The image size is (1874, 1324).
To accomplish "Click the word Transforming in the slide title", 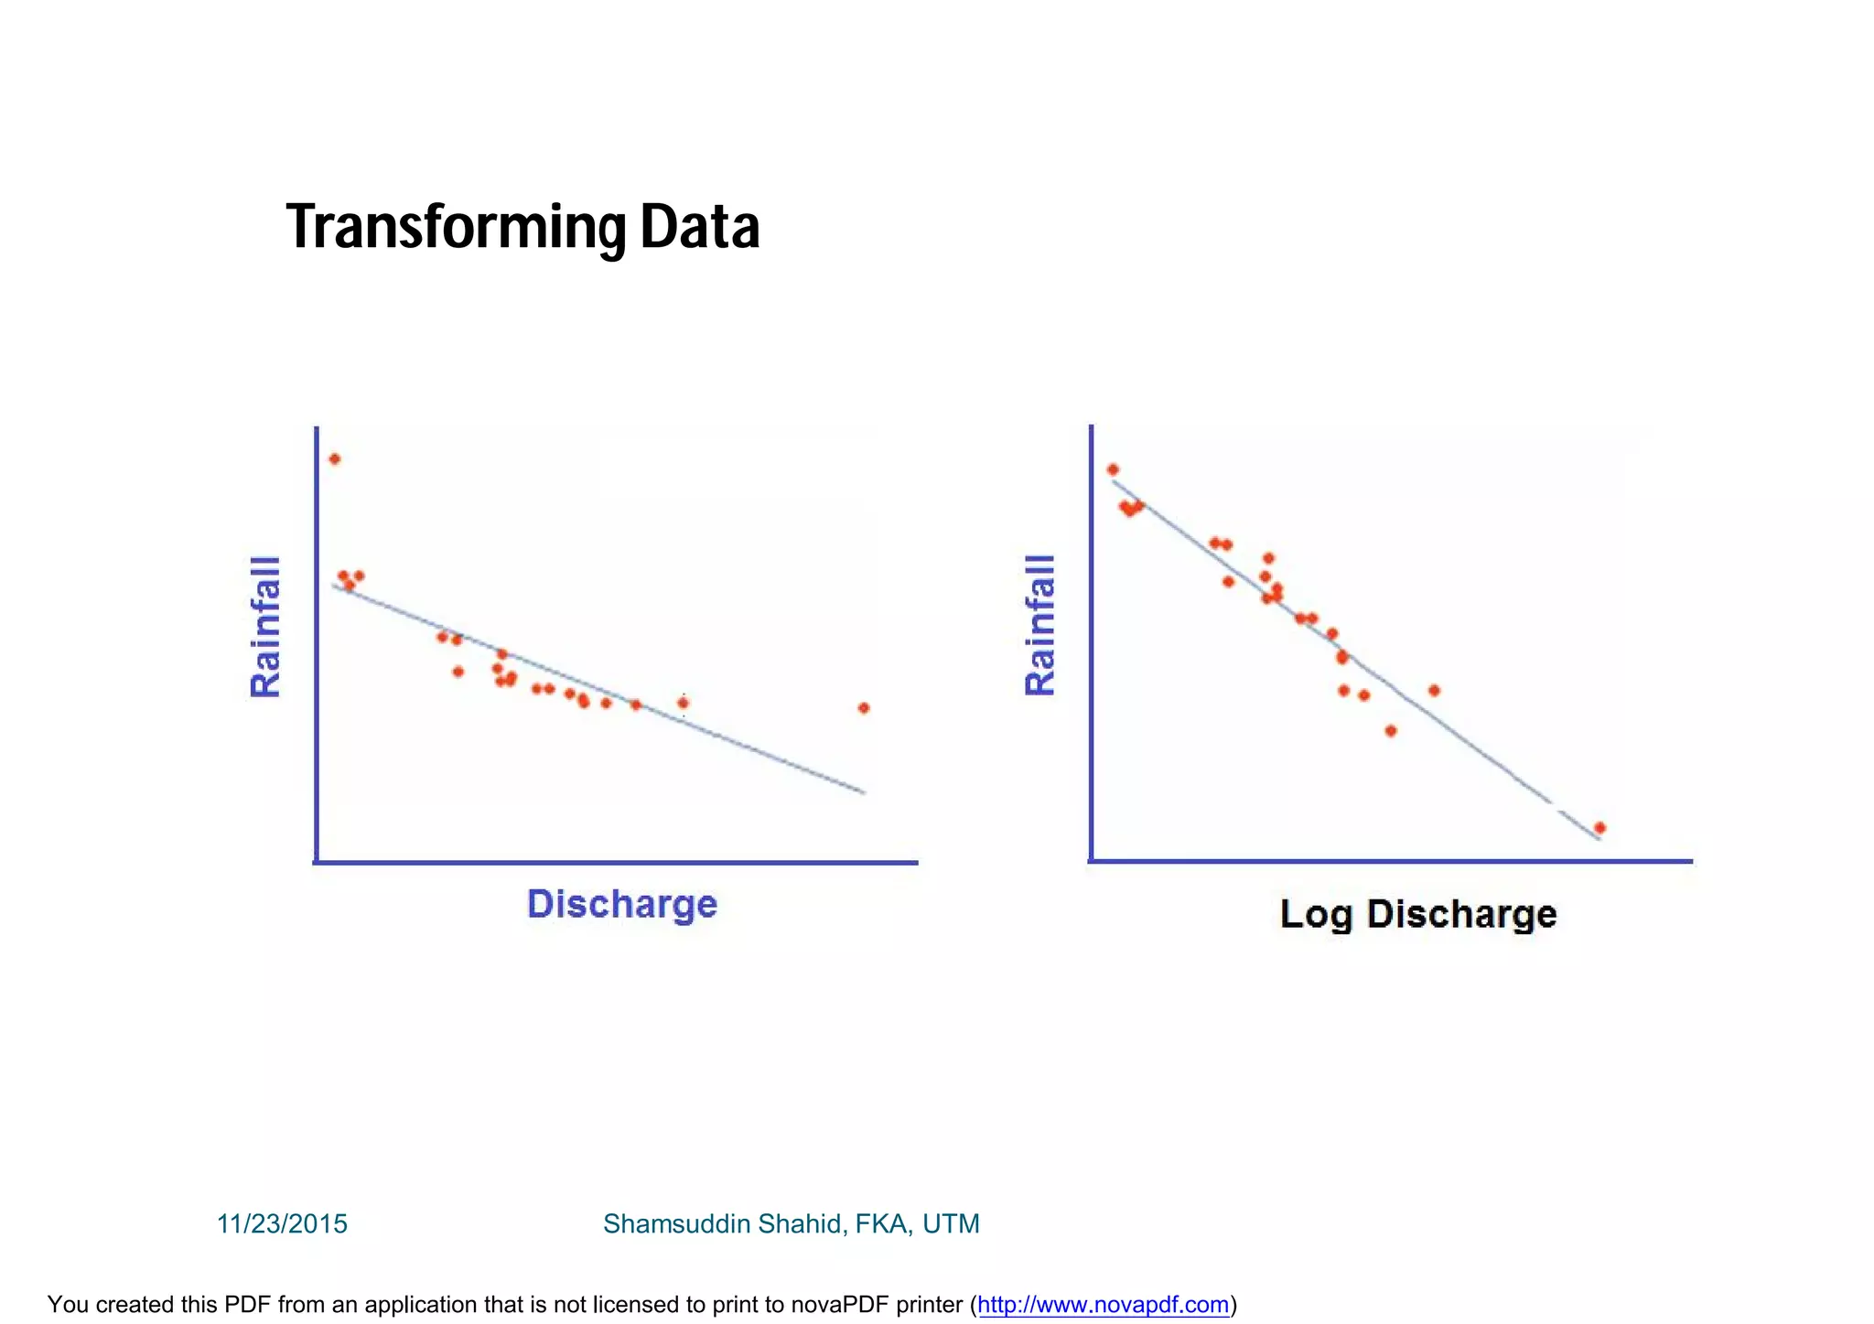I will click(456, 227).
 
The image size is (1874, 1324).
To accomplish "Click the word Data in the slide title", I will click(699, 227).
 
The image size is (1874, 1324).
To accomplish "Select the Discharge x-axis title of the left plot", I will click(622, 904).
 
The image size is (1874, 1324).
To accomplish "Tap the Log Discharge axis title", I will click(1417, 914).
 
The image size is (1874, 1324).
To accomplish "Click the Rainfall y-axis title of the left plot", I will click(265, 627).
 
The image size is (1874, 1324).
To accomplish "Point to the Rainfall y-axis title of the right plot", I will click(1040, 625).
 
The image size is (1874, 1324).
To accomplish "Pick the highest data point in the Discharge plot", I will click(335, 459).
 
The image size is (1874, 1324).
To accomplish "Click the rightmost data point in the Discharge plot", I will click(863, 707).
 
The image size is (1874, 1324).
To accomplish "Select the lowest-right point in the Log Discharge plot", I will click(1599, 827).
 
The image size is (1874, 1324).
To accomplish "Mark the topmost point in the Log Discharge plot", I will click(1113, 469).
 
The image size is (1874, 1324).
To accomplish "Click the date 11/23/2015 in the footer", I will click(282, 1223).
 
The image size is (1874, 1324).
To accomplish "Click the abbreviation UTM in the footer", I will click(951, 1223).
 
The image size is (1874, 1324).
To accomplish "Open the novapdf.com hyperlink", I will click(1103, 1304).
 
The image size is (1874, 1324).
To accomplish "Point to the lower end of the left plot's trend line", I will click(863, 791).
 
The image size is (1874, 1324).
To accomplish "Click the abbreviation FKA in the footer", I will click(882, 1223).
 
